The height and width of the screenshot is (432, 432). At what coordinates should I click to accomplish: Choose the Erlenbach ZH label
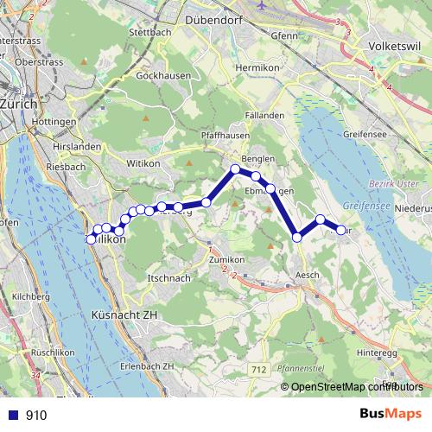(148, 365)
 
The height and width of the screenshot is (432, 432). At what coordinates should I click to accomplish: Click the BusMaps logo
(389, 415)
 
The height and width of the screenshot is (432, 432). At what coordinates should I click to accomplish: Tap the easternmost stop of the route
(341, 230)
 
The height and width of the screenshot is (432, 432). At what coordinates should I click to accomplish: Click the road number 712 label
(257, 369)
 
